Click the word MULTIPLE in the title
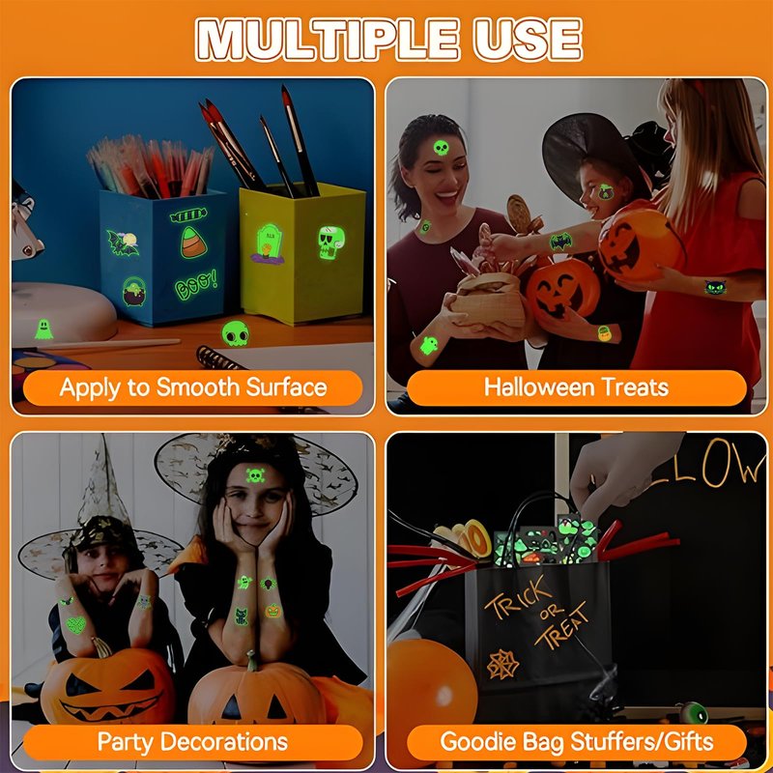(x=328, y=40)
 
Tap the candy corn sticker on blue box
(x=193, y=243)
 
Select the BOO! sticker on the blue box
(x=196, y=284)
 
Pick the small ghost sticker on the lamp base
(x=43, y=329)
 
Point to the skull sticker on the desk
(x=235, y=333)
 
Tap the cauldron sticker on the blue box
(x=134, y=291)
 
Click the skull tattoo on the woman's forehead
(x=441, y=148)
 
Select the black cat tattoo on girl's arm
(x=715, y=287)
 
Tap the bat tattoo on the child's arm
(x=560, y=242)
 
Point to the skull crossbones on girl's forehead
(x=255, y=475)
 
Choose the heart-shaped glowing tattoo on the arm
(x=76, y=625)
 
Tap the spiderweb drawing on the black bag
(x=502, y=664)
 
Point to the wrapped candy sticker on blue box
(x=188, y=215)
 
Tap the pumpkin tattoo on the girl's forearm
(x=273, y=612)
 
